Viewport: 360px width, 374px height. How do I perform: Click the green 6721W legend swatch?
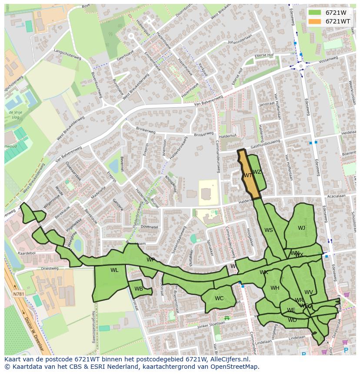pos(315,13)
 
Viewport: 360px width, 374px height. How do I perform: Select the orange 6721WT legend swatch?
pos(315,21)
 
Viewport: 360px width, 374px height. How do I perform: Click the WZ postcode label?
pos(257,172)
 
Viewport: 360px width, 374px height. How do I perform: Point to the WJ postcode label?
pos(301,228)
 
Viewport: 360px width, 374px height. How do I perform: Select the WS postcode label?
pos(269,230)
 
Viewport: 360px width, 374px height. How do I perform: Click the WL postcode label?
pos(114,270)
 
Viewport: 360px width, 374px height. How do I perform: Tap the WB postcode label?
pos(139,289)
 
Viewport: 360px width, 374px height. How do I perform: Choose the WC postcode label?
pos(219,298)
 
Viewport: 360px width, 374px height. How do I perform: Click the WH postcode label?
pos(275,288)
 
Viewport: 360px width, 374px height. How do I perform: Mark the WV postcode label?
pos(309,292)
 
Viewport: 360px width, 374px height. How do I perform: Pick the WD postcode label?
pos(292,320)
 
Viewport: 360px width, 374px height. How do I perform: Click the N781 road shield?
pos(19,294)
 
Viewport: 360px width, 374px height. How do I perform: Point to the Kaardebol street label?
pos(27,252)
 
